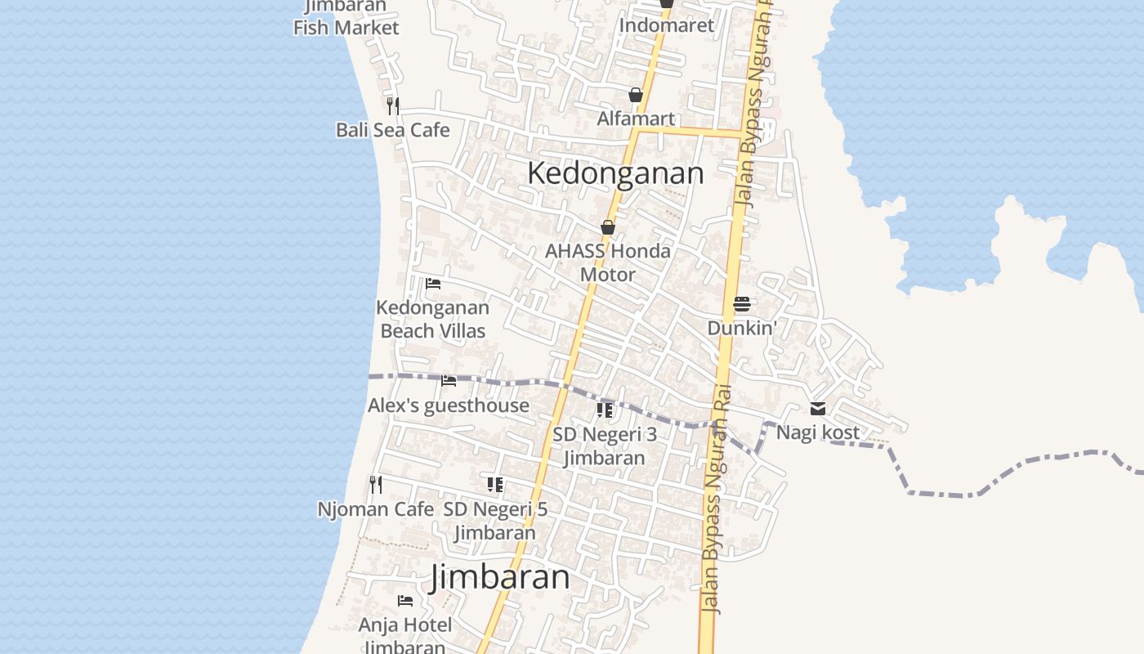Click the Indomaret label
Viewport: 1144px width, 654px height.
tap(666, 25)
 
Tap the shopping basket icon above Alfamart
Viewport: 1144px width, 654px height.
tap(636, 96)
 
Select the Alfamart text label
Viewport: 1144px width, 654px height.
tap(636, 119)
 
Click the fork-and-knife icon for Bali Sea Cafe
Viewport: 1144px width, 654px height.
tap(393, 105)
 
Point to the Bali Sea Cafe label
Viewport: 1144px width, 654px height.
tap(393, 130)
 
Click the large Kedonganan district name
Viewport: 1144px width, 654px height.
tap(615, 173)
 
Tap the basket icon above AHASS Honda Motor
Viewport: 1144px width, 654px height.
tap(608, 227)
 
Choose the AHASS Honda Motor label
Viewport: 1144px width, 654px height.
tap(608, 262)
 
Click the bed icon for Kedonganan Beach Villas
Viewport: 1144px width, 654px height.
tap(433, 284)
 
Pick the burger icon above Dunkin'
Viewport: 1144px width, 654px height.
tap(742, 304)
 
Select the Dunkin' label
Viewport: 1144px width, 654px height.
tap(742, 328)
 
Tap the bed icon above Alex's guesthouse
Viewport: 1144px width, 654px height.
tap(449, 381)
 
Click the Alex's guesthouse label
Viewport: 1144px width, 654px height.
tap(449, 405)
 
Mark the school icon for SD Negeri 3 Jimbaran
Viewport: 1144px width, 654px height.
tap(605, 410)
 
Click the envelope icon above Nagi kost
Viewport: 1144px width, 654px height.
tap(818, 409)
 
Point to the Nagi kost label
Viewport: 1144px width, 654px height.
tap(818, 432)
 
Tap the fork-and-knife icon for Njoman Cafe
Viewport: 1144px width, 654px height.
tap(376, 485)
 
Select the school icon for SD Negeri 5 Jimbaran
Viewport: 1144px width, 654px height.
tap(495, 485)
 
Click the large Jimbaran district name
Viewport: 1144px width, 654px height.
tap(500, 577)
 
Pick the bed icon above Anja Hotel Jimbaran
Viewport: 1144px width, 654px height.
tap(405, 601)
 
